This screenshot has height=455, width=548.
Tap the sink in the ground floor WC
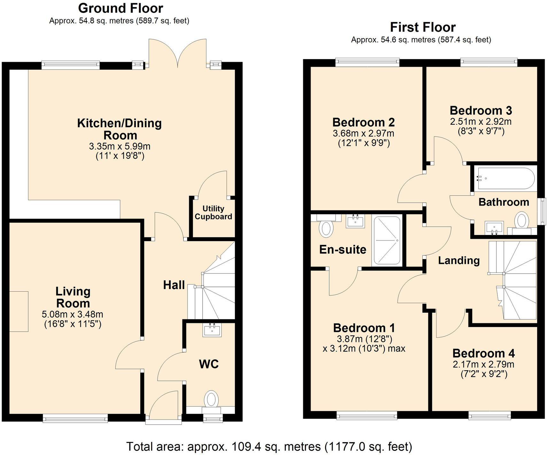(212, 330)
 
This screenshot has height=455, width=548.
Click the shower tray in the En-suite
(387, 240)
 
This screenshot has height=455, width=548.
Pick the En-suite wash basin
(355, 221)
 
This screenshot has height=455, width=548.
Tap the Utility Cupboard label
(213, 213)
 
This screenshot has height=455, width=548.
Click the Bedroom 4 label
(483, 353)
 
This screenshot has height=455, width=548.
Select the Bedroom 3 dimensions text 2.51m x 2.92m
(481, 122)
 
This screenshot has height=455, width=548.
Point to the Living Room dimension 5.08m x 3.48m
(73, 314)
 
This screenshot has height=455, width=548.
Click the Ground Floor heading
(120, 8)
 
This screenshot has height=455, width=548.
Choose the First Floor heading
(423, 27)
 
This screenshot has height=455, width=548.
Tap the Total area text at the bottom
(269, 446)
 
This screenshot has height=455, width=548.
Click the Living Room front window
(75, 418)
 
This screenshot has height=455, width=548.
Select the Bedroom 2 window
(367, 63)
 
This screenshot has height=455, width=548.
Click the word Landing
(459, 260)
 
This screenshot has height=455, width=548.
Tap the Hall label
(174, 285)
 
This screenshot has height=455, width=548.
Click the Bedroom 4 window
(490, 415)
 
